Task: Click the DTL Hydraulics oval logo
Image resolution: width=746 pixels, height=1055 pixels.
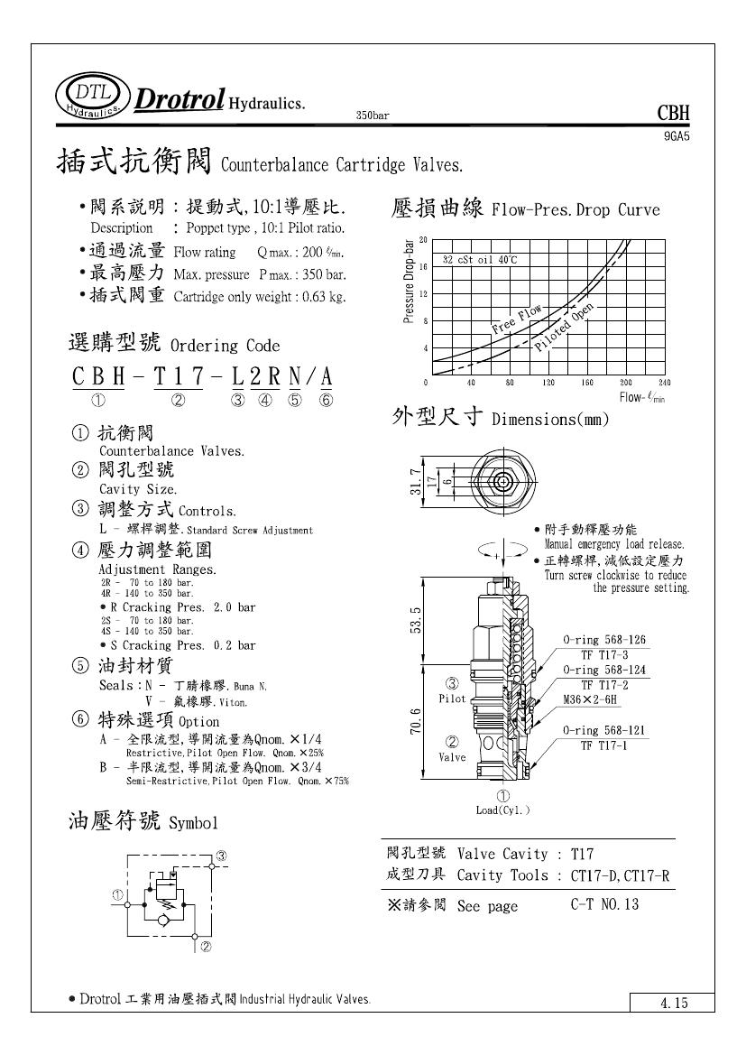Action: pyautogui.click(x=91, y=97)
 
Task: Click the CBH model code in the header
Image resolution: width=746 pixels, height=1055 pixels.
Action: pyautogui.click(x=673, y=114)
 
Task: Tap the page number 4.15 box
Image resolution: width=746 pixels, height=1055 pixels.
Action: pyautogui.click(x=672, y=1003)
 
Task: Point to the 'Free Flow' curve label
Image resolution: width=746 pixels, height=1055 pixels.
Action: pyautogui.click(x=518, y=320)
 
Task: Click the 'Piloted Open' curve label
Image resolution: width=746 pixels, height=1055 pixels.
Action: pyautogui.click(x=566, y=327)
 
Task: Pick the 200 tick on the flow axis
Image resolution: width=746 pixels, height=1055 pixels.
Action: pyautogui.click(x=626, y=383)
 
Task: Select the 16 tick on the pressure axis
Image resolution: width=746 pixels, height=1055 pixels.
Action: pyautogui.click(x=423, y=267)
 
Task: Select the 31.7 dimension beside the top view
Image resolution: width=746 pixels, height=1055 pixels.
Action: pyautogui.click(x=414, y=482)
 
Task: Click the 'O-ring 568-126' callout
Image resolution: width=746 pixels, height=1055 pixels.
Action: pyautogui.click(x=604, y=640)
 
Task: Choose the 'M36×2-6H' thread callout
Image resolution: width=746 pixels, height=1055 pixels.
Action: pyautogui.click(x=592, y=699)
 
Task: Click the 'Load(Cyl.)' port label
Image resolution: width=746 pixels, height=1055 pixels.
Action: pyautogui.click(x=503, y=810)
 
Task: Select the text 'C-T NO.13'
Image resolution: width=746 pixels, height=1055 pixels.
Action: pyautogui.click(x=604, y=903)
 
